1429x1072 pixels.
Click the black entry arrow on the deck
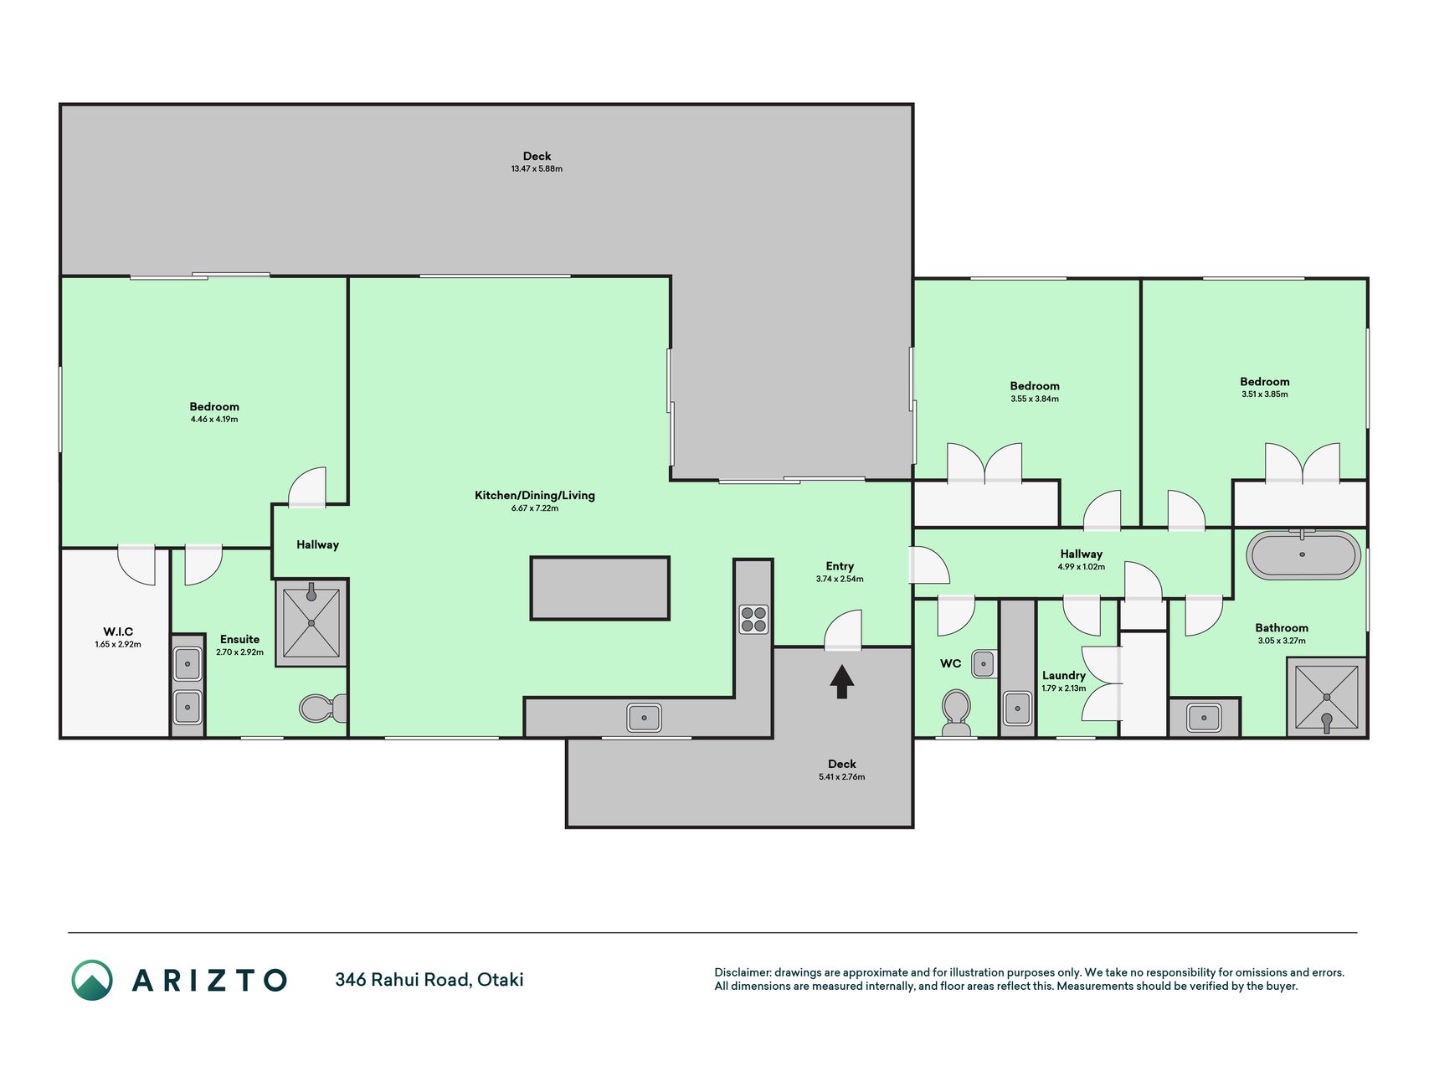841,682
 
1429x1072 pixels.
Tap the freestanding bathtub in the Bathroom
1303,554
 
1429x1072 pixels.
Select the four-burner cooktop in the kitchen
753,620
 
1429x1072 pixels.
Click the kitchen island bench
599,588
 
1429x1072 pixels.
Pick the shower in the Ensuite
311,622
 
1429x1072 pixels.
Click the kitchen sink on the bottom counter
644,717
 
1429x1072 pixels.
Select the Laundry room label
1064,675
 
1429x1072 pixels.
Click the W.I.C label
118,631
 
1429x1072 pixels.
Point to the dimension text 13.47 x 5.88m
537,168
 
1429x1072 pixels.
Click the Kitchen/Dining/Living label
535,495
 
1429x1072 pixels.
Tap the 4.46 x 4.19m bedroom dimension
214,419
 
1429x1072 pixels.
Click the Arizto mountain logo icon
92,980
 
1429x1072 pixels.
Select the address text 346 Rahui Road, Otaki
429,980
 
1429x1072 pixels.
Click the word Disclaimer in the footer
743,972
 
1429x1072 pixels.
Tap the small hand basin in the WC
984,664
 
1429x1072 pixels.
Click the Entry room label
840,566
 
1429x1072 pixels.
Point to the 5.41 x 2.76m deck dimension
842,777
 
